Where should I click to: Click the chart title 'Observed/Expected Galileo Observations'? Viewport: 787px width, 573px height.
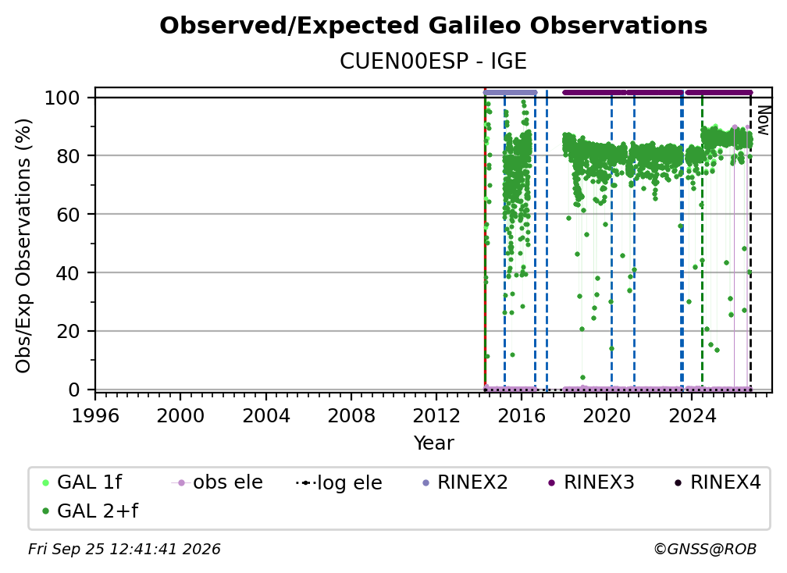[x=433, y=26]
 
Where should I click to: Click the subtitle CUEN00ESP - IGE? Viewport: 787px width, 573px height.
[x=433, y=61]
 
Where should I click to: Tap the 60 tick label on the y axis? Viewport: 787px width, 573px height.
[x=68, y=214]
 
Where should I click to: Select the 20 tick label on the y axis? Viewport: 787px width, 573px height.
[x=68, y=331]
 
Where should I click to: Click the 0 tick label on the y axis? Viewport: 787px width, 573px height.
[x=74, y=390]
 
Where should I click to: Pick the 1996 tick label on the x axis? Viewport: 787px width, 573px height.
[x=95, y=416]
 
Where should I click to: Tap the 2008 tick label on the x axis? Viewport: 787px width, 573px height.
[x=351, y=416]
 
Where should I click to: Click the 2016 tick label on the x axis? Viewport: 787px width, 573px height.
[x=521, y=416]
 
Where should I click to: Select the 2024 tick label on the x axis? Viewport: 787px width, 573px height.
[x=691, y=416]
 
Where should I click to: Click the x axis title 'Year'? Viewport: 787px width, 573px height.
[x=433, y=443]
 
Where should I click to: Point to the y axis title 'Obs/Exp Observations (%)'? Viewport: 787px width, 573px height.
[x=23, y=245]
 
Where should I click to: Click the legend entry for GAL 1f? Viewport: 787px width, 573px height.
[x=82, y=482]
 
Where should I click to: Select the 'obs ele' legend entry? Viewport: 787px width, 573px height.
[x=217, y=482]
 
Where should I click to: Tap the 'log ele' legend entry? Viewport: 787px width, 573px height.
[x=339, y=482]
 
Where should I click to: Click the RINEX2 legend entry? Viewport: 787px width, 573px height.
[x=465, y=482]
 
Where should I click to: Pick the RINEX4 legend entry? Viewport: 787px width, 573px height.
[x=718, y=482]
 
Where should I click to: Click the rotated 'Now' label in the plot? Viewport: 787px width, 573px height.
[x=763, y=120]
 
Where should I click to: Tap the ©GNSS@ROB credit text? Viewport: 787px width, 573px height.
[x=705, y=550]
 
